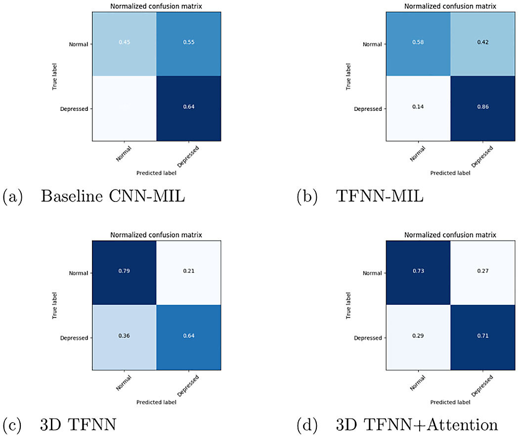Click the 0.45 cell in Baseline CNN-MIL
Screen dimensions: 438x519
point(124,43)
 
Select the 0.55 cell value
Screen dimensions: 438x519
point(188,43)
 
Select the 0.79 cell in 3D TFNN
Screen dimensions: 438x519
point(124,272)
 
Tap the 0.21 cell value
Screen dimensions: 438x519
point(188,272)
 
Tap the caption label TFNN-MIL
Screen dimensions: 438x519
point(379,196)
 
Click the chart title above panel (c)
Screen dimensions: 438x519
point(156,235)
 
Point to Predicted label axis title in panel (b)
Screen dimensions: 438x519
point(450,173)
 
